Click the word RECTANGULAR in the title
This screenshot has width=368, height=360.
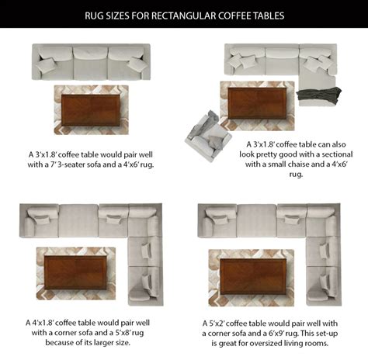(183, 16)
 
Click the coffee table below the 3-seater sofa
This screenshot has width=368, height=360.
(91, 110)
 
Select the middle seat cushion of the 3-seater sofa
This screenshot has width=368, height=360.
(91, 64)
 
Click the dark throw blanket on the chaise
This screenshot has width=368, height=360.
(319, 95)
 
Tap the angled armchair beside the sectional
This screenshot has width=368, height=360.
(208, 136)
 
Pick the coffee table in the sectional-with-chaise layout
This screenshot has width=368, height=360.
(257, 103)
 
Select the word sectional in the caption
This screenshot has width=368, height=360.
(337, 154)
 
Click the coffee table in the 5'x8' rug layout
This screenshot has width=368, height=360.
(75, 272)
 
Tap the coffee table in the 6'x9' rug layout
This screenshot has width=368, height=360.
(253, 276)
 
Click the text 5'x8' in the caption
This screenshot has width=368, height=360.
(123, 333)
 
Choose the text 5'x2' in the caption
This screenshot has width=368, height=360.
(217, 324)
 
